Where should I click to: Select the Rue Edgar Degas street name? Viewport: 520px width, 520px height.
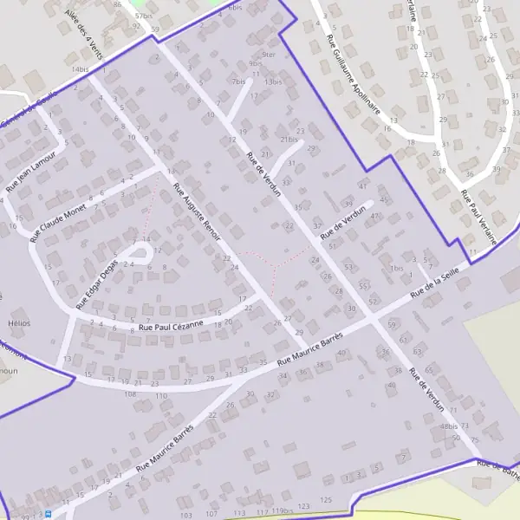(x=95, y=283)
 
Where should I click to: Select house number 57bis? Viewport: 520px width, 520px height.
(x=143, y=16)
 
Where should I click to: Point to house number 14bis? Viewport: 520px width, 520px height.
(x=81, y=68)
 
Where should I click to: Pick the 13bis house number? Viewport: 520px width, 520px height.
(x=274, y=81)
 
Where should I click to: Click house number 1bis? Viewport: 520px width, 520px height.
(x=396, y=269)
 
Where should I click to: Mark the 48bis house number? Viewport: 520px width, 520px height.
(x=447, y=426)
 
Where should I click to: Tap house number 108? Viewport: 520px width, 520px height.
(x=130, y=394)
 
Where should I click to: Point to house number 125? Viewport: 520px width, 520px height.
(x=326, y=500)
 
